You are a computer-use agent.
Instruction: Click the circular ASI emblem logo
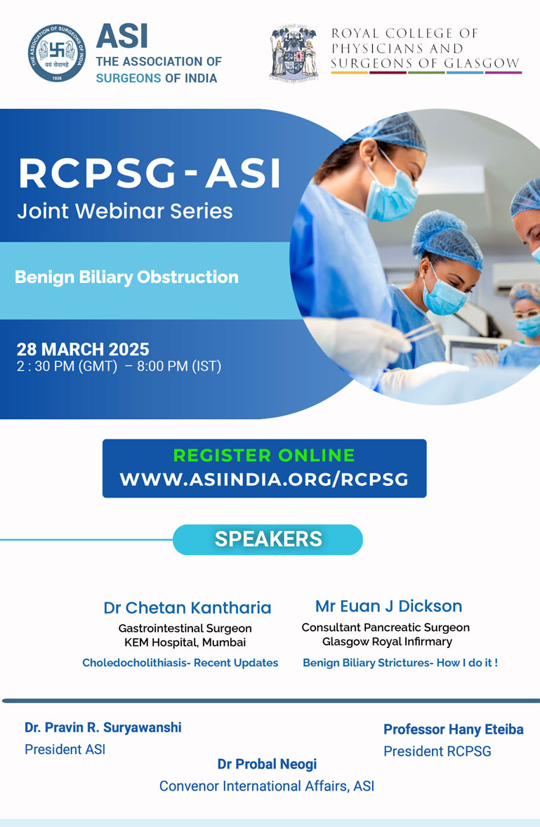[x=57, y=53]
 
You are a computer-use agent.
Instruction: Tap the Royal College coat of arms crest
[x=294, y=53]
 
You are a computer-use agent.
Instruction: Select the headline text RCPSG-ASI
[x=150, y=173]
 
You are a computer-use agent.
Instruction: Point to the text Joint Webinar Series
[x=125, y=211]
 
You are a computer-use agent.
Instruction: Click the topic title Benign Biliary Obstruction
[x=126, y=277]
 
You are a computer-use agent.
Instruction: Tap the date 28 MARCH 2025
[x=83, y=349]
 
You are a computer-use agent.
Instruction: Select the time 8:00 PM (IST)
[x=179, y=366]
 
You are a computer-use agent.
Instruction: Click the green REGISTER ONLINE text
[x=264, y=455]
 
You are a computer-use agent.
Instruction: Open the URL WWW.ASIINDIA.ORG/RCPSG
[x=264, y=479]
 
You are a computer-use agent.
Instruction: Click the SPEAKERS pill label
[x=268, y=539]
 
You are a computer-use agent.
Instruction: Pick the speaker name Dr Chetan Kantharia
[x=187, y=607]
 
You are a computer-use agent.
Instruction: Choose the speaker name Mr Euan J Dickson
[x=388, y=606]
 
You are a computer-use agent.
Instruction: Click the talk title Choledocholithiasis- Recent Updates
[x=180, y=663]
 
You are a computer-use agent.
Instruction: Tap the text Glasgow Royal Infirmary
[x=388, y=642]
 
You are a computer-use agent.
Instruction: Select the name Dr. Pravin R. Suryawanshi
[x=103, y=728]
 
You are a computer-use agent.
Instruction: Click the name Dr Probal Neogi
[x=268, y=765]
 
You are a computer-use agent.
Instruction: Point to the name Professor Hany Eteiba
[x=454, y=729]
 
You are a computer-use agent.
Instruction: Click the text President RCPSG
[x=437, y=751]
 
